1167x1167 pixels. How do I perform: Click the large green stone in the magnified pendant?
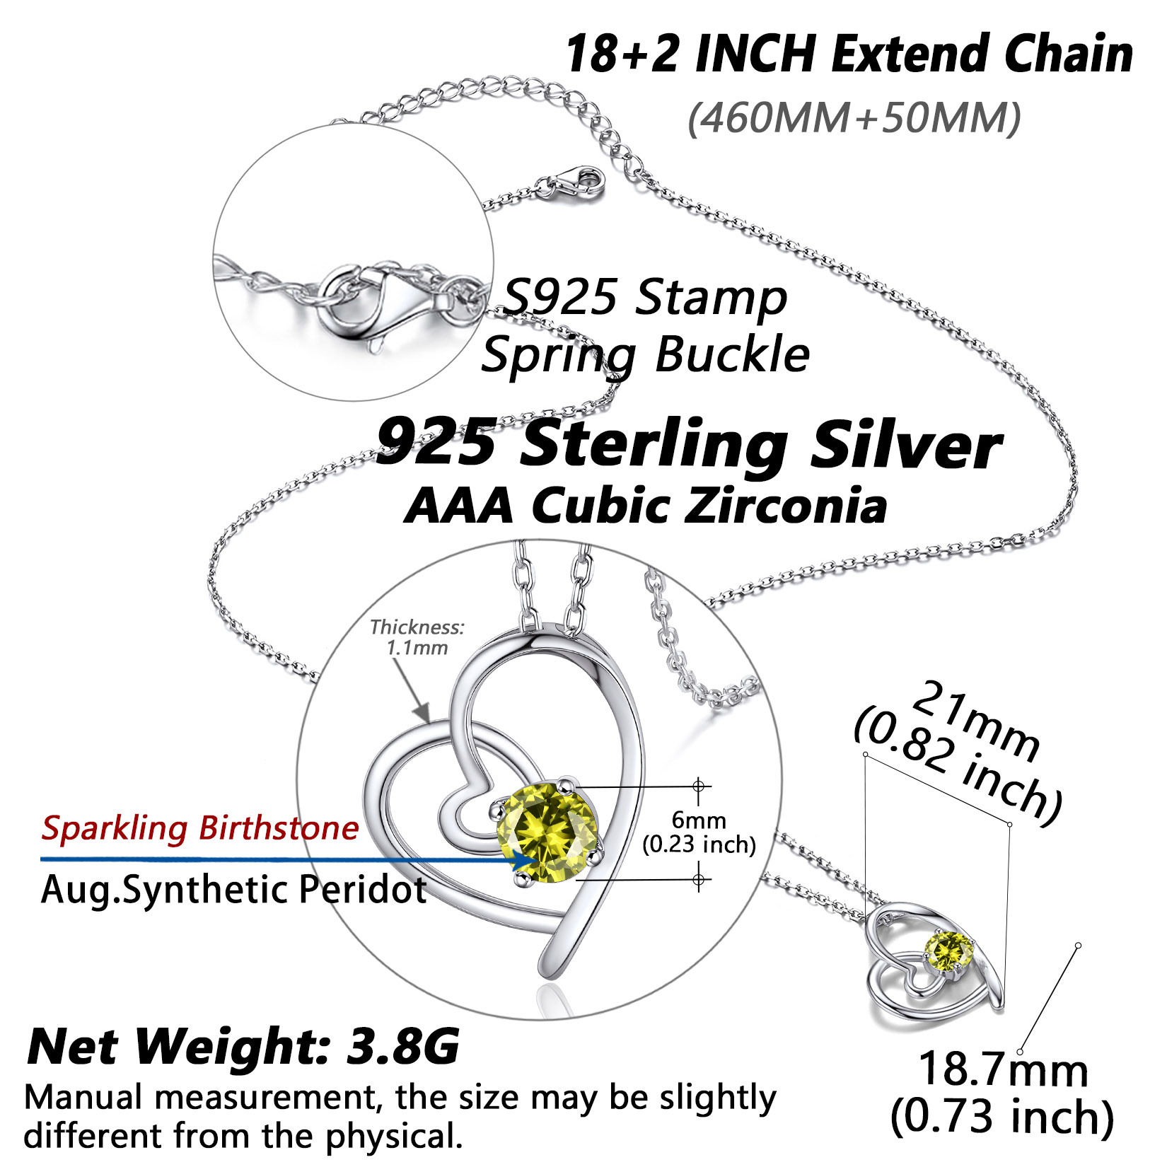[549, 833]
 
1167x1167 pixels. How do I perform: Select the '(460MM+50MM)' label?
[854, 117]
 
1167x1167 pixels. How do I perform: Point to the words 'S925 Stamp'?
[644, 298]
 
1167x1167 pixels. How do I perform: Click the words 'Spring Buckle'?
[645, 355]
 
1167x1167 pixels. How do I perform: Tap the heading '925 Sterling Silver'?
[688, 445]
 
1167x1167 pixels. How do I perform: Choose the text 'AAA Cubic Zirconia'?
[645, 506]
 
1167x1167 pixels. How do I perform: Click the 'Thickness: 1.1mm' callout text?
[417, 637]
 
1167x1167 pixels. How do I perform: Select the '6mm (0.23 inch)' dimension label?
[699, 832]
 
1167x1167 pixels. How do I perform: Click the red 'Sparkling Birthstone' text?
[200, 828]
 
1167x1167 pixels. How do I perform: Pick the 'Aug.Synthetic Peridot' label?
[234, 890]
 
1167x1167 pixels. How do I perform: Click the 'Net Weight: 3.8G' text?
[243, 1046]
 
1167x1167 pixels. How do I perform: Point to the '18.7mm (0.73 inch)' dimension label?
[1003, 1093]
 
